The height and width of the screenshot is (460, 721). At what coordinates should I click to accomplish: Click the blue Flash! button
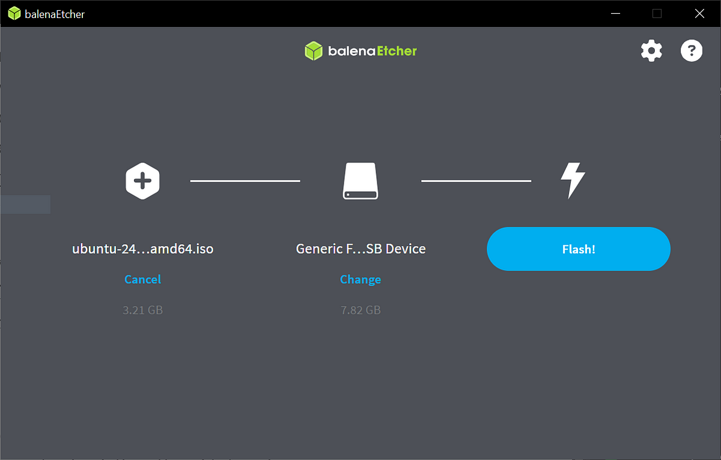[x=579, y=249]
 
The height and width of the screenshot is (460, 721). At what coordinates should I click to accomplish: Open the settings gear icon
[x=651, y=51]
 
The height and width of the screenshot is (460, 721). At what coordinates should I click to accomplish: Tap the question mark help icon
[x=692, y=51]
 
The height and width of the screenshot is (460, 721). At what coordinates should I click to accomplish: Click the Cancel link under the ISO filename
[x=142, y=279]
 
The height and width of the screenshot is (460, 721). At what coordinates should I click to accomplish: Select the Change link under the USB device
[x=360, y=279]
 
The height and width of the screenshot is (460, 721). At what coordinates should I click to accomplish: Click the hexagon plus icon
[x=142, y=181]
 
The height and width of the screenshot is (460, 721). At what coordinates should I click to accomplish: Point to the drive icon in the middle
[x=360, y=181]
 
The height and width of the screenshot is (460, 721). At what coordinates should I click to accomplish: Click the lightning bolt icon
[x=573, y=180]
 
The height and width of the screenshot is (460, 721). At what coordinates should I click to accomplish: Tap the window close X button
[x=699, y=13]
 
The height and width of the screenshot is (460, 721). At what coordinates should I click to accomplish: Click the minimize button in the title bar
[x=615, y=13]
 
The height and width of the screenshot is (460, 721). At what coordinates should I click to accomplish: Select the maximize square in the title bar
[x=657, y=13]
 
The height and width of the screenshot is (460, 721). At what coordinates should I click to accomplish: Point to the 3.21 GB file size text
[x=142, y=310]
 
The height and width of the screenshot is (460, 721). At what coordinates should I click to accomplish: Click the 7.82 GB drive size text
[x=360, y=310]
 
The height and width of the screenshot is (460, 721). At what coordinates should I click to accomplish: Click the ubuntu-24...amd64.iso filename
[x=142, y=249]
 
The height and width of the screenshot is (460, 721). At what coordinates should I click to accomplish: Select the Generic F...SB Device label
[x=360, y=249]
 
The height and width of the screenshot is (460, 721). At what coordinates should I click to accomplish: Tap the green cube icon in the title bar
[x=14, y=13]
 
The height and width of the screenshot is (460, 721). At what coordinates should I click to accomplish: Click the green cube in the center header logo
[x=314, y=51]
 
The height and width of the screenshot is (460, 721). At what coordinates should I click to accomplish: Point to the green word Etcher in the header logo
[x=397, y=51]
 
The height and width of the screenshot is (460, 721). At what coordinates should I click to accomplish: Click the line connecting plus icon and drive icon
[x=245, y=181]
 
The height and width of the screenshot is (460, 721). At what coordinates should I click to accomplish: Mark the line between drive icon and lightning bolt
[x=476, y=181]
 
